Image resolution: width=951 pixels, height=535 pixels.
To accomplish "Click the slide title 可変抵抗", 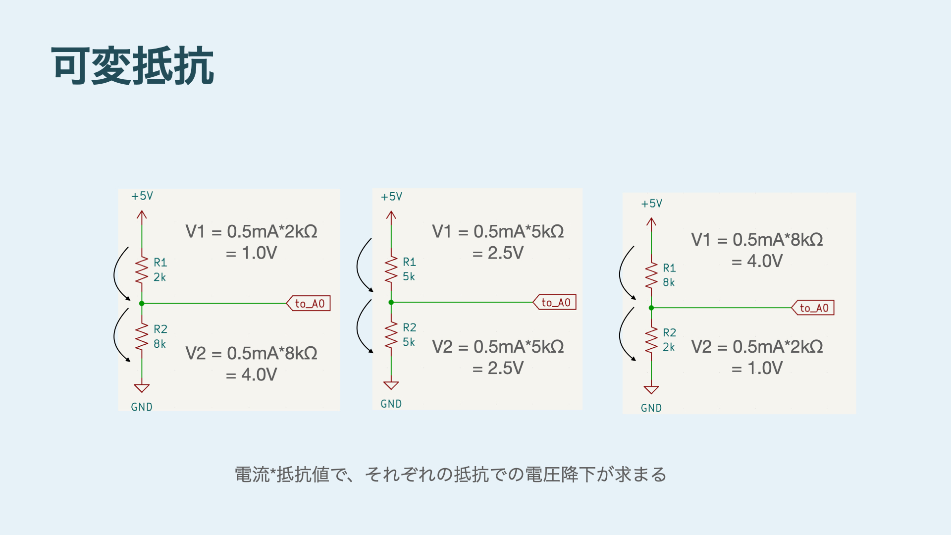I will coord(132,66).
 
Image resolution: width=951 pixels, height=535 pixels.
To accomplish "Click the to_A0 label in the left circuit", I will coord(309,303).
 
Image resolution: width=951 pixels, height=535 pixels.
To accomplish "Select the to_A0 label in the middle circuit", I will coord(555,302).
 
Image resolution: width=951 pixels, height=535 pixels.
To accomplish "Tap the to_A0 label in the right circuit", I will coord(814,308).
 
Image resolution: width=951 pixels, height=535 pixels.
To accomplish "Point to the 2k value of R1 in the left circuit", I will coord(159,277).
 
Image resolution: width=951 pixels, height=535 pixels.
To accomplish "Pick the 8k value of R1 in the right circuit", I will coord(669,282).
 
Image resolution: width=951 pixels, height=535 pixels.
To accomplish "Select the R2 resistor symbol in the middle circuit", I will coord(391,334).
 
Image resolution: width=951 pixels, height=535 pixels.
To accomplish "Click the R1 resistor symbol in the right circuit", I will coord(651,275).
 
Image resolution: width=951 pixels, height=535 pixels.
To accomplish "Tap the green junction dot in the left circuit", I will coord(142,303).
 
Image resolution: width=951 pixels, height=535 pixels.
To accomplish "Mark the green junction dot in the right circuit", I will coord(651,308).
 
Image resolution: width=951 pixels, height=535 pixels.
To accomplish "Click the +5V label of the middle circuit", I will coord(391,197).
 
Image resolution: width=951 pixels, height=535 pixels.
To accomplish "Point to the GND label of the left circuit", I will coord(142,407).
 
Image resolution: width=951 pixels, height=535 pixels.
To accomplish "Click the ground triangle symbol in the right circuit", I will coord(651,390).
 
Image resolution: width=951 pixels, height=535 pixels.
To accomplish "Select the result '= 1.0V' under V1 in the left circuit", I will coord(252,253).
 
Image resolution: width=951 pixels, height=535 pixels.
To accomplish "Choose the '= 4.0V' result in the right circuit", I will coord(757,261).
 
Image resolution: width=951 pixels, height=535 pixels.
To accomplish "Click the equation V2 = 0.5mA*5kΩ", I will coord(498,347).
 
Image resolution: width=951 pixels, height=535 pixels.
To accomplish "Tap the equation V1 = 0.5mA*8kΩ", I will coord(757,240).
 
